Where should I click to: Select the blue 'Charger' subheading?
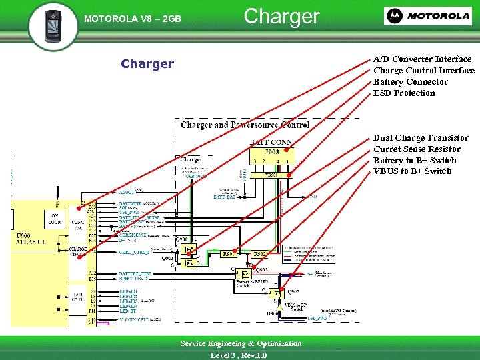147,64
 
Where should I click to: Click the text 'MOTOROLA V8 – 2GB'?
132,19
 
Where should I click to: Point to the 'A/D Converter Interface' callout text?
422,59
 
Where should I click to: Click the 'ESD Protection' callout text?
404,93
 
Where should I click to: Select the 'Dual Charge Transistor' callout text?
421,138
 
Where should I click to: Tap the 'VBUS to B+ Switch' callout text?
412,171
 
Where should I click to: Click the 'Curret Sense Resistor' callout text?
417,149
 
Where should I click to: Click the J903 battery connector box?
271,159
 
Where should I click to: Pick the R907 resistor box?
229,254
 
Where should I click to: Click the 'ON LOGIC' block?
55,219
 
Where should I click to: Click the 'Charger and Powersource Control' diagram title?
245,125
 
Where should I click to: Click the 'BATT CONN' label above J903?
271,141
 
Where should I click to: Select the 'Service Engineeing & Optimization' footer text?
241,343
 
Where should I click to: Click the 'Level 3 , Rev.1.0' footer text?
238,355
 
